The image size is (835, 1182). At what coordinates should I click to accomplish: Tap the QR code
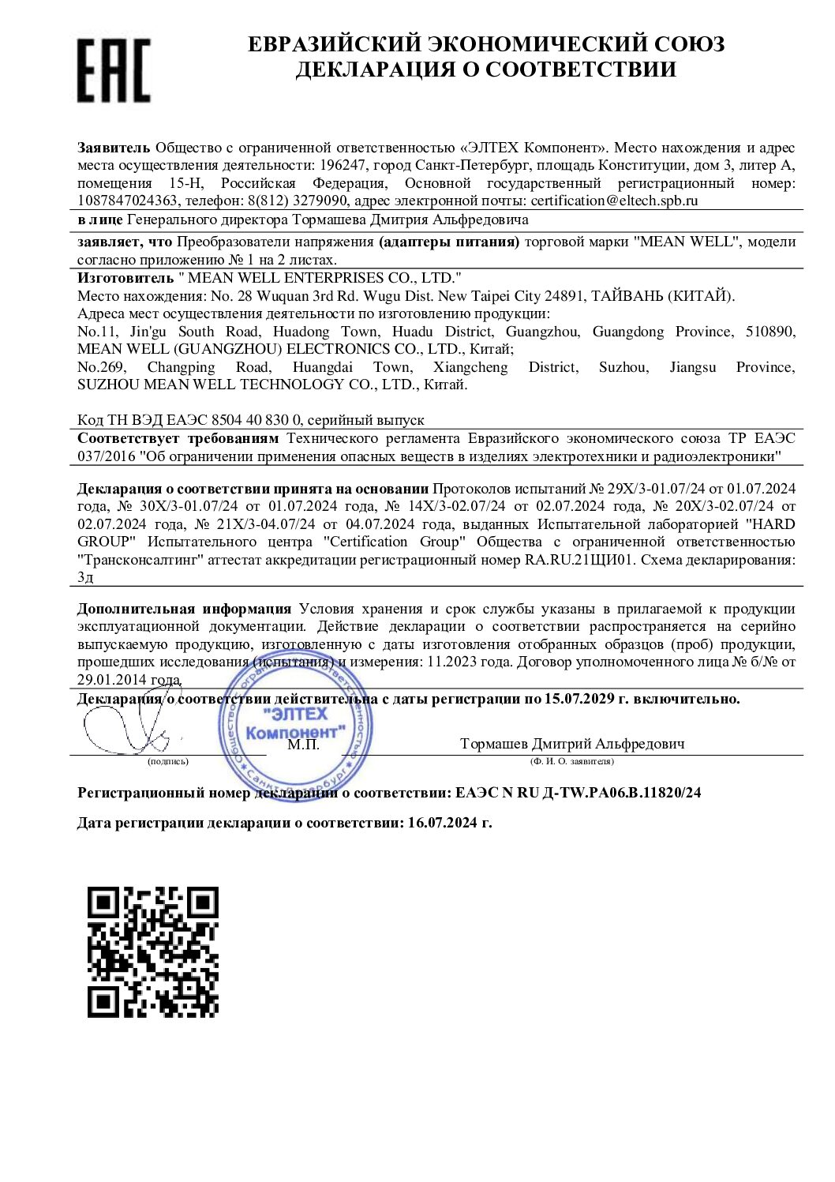[152, 951]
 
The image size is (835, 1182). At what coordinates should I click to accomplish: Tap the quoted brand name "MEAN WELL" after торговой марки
[687, 242]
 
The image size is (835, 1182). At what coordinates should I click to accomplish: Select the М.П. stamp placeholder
[303, 744]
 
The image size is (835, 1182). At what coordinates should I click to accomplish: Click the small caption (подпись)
[168, 762]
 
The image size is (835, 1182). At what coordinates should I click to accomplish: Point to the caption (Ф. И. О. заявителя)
[572, 762]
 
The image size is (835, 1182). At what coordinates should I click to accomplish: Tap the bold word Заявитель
[113, 148]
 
